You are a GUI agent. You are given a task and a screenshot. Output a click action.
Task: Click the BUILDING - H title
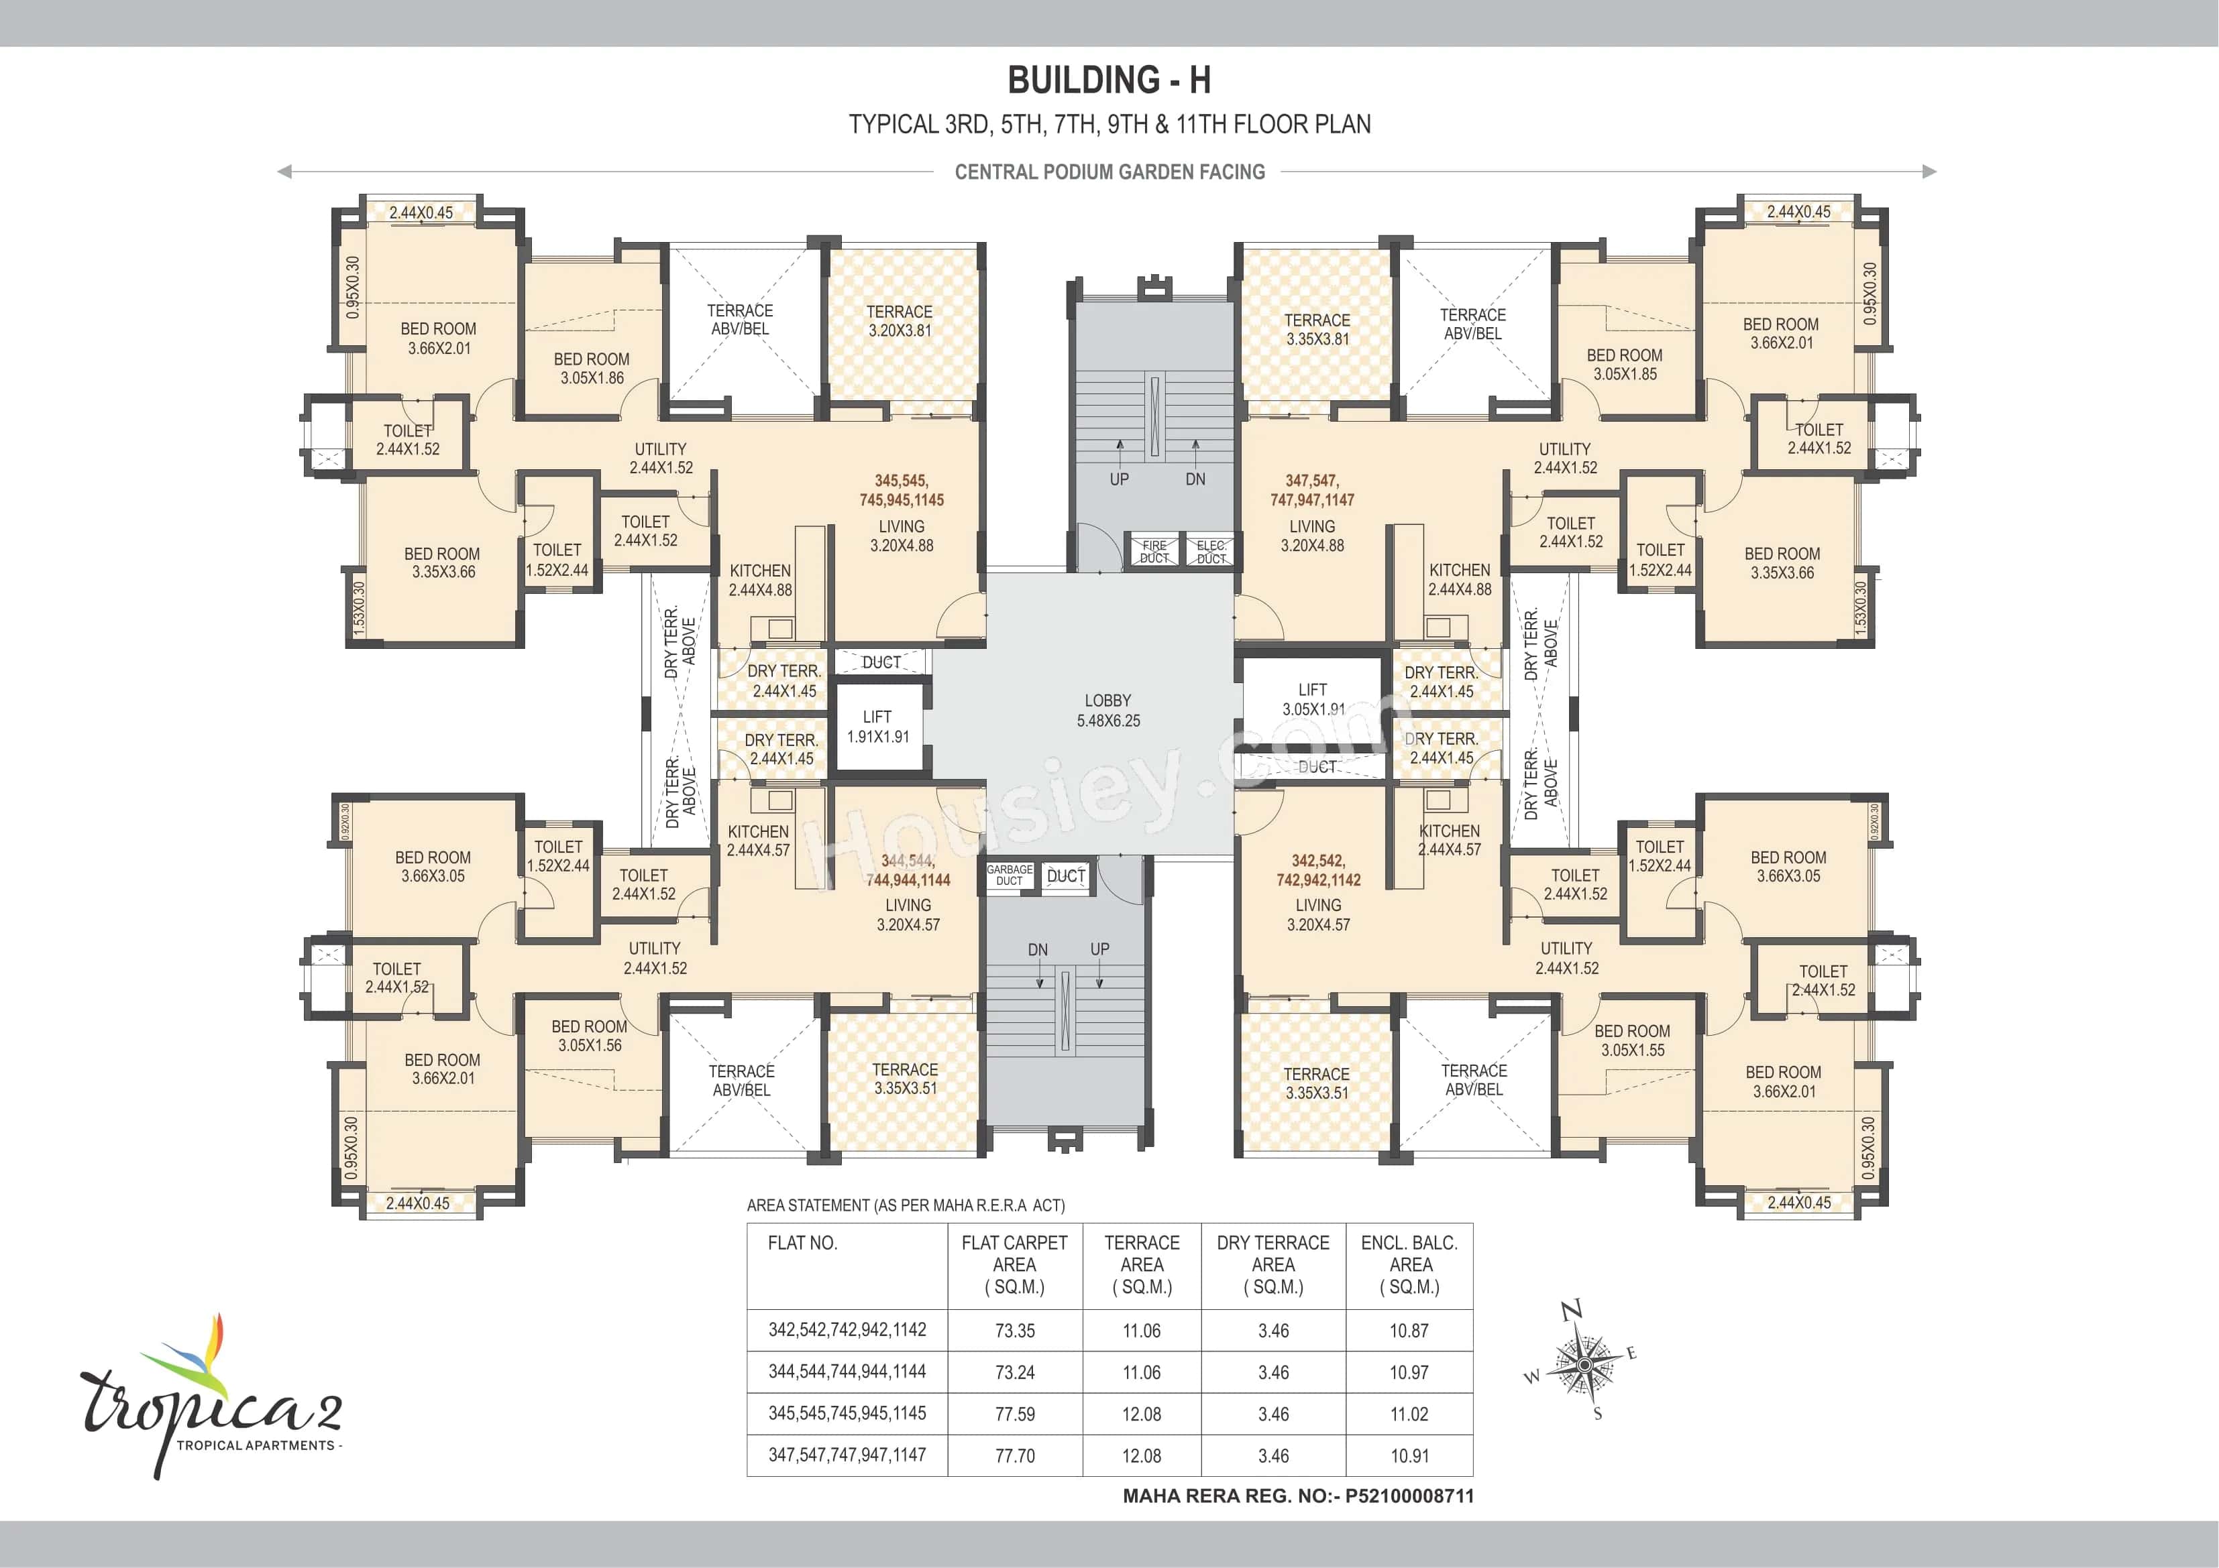click(1109, 80)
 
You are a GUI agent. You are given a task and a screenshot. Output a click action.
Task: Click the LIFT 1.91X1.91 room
click(877, 727)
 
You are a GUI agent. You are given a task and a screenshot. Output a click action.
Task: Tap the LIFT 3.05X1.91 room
click(1313, 699)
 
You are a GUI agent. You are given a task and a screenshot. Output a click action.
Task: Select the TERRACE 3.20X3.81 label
click(899, 320)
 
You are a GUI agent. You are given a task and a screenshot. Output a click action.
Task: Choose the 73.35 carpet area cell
click(1015, 1330)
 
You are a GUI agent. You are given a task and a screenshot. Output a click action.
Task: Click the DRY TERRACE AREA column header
click(1273, 1264)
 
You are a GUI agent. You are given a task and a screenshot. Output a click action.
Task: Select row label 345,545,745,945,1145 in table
click(847, 1413)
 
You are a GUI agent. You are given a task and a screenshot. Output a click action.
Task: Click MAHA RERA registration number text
click(1298, 1496)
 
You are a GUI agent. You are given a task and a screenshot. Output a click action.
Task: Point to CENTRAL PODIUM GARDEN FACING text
click(1109, 172)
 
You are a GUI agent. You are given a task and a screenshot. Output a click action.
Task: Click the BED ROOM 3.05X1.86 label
click(592, 368)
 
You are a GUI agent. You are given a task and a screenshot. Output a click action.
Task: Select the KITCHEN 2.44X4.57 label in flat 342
click(1449, 841)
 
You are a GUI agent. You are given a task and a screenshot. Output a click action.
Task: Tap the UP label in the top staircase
click(1119, 479)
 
